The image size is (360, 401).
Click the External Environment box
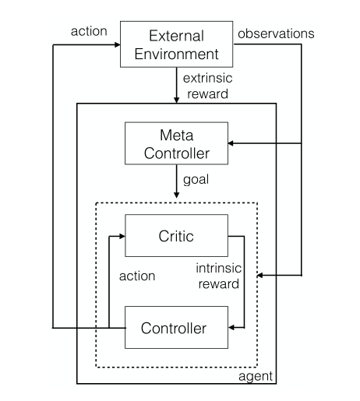coord(176,44)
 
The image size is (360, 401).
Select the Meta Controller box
coord(176,143)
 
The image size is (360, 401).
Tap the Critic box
coord(176,236)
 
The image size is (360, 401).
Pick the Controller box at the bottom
coord(176,327)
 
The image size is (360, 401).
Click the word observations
coord(276,33)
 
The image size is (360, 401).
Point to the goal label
coord(196,180)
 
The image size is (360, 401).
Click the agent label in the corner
coord(256,377)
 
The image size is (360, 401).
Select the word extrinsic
coord(207,78)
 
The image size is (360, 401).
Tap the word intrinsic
coord(219,268)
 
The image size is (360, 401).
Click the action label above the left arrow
coord(89,31)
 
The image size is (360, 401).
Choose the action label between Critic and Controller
coord(137,276)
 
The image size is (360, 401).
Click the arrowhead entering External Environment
coord(118,44)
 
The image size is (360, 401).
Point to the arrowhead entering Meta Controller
coord(231,143)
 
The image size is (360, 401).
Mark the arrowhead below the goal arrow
coord(176,195)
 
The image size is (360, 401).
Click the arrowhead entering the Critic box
coord(122,236)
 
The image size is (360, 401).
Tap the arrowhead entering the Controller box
coord(231,328)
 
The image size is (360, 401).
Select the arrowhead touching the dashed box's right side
coord(260,276)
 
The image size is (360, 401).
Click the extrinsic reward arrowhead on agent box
coord(176,100)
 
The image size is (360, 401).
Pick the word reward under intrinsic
coord(219,283)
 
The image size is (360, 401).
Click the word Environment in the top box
coord(176,54)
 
